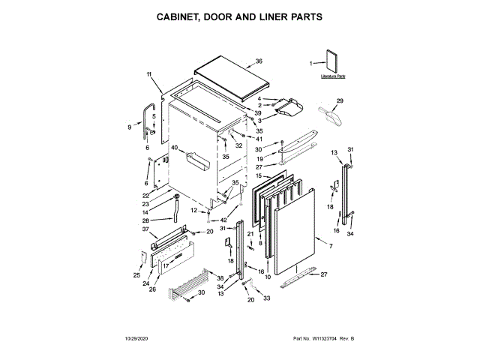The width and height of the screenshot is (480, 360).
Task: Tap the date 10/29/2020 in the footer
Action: click(135, 340)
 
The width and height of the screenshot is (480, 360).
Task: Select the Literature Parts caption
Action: click(333, 76)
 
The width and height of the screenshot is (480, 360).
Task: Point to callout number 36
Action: click(259, 61)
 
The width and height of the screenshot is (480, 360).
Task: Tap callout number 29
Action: click(339, 100)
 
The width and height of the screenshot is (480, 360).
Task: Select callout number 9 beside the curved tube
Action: click(129, 127)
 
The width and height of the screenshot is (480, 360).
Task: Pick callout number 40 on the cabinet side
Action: click(174, 148)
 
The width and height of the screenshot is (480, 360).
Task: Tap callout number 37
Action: click(145, 229)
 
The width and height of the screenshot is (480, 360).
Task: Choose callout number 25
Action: click(136, 275)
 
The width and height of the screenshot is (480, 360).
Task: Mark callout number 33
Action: click(265, 298)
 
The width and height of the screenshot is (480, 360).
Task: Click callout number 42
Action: click(223, 220)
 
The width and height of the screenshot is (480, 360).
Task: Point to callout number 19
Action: click(260, 159)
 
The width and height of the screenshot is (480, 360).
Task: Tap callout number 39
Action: click(257, 112)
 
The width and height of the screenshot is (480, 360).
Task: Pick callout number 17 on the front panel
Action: click(166, 265)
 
